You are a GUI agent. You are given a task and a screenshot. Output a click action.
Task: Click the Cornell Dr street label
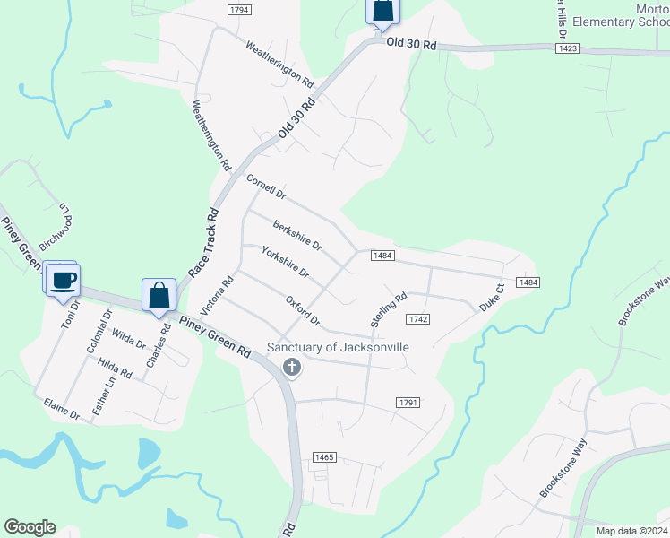265,187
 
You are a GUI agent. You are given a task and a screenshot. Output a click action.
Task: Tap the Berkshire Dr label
296,236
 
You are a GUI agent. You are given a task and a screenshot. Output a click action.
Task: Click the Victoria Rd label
217,294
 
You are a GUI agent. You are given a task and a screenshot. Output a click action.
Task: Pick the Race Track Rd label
203,243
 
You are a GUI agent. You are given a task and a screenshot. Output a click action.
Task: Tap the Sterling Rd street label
389,308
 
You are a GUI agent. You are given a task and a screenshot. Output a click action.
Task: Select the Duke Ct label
493,298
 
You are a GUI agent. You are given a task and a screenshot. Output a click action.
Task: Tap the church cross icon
291,366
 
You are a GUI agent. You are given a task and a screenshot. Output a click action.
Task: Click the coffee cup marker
62,281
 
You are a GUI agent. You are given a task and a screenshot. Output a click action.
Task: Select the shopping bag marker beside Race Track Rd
159,294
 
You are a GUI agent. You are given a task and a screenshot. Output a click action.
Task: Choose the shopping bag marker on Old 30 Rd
382,12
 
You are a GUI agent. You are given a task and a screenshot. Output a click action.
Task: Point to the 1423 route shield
566,48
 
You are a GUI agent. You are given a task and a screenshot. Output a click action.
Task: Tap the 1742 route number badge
418,319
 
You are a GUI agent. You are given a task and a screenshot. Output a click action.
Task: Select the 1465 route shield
324,457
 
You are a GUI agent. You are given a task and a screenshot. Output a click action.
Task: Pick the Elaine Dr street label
62,410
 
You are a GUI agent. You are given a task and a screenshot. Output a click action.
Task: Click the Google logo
30,527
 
